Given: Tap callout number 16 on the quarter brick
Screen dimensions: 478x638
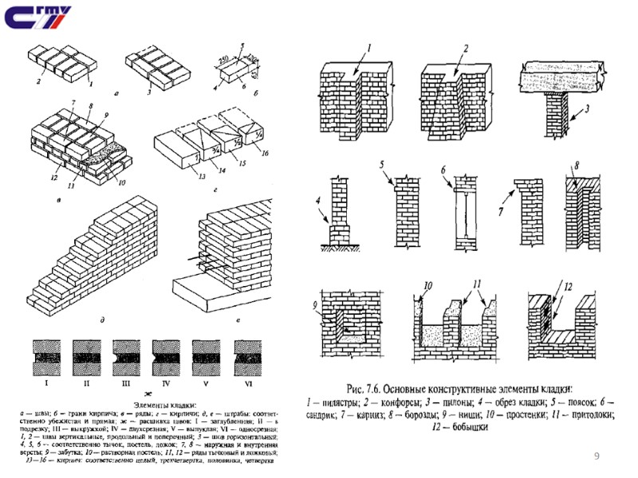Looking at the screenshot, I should pyautogui.click(x=265, y=152).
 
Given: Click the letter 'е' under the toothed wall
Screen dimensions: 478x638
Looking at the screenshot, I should pyautogui.click(x=238, y=319).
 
